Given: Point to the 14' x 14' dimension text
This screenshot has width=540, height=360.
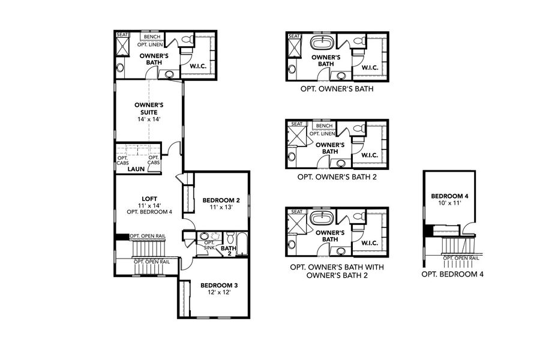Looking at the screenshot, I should click(149, 119).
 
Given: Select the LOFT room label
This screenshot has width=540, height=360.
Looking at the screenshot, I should click(149, 199).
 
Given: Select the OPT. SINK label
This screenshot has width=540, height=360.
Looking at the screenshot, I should click(209, 245).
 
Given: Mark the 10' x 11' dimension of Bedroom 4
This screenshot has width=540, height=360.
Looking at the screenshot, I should click(449, 204).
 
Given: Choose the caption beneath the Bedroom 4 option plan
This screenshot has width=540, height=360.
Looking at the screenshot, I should click(452, 274).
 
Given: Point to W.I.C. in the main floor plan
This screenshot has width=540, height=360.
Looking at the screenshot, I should click(197, 67).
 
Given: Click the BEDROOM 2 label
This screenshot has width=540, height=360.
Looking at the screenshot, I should click(221, 200).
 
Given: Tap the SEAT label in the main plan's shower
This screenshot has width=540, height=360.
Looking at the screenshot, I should click(122, 34).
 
